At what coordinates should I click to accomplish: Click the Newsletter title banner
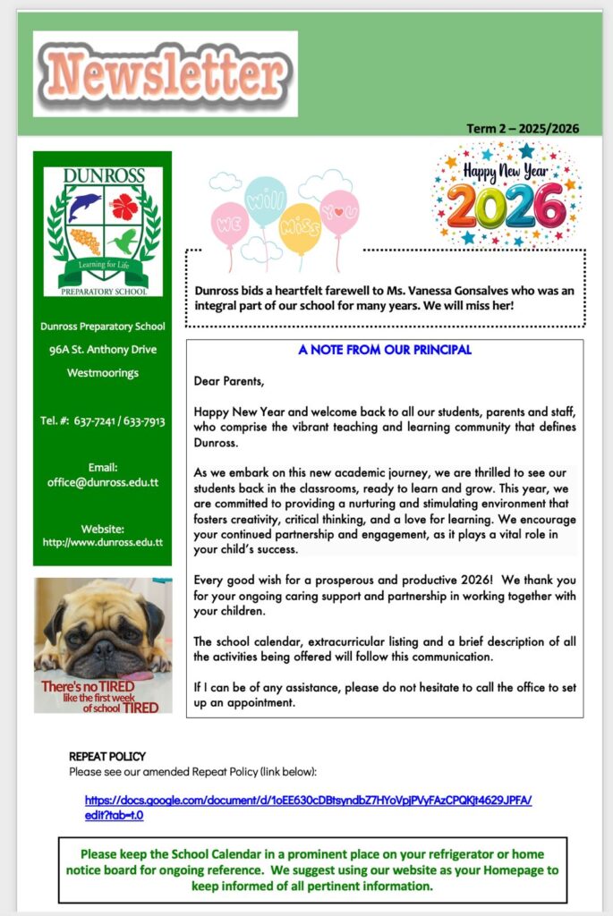point(166,73)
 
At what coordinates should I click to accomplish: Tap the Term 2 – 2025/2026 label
point(523,128)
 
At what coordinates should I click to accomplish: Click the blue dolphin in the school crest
point(84,208)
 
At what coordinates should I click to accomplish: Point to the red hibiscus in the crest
point(124,207)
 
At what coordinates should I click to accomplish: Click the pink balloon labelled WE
point(229,223)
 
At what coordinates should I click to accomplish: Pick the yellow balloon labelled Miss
point(300,228)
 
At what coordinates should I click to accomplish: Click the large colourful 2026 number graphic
point(507,206)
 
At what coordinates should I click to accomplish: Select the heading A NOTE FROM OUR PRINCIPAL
point(385,350)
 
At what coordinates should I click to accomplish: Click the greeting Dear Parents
point(229,381)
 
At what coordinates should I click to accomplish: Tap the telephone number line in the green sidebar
point(102,420)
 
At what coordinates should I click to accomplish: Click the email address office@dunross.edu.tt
point(103,482)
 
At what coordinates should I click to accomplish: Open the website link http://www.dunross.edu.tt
point(103,542)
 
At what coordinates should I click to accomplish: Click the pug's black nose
point(105,647)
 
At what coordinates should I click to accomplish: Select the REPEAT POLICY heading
point(107,756)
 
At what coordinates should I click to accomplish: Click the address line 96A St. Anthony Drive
point(103,350)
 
